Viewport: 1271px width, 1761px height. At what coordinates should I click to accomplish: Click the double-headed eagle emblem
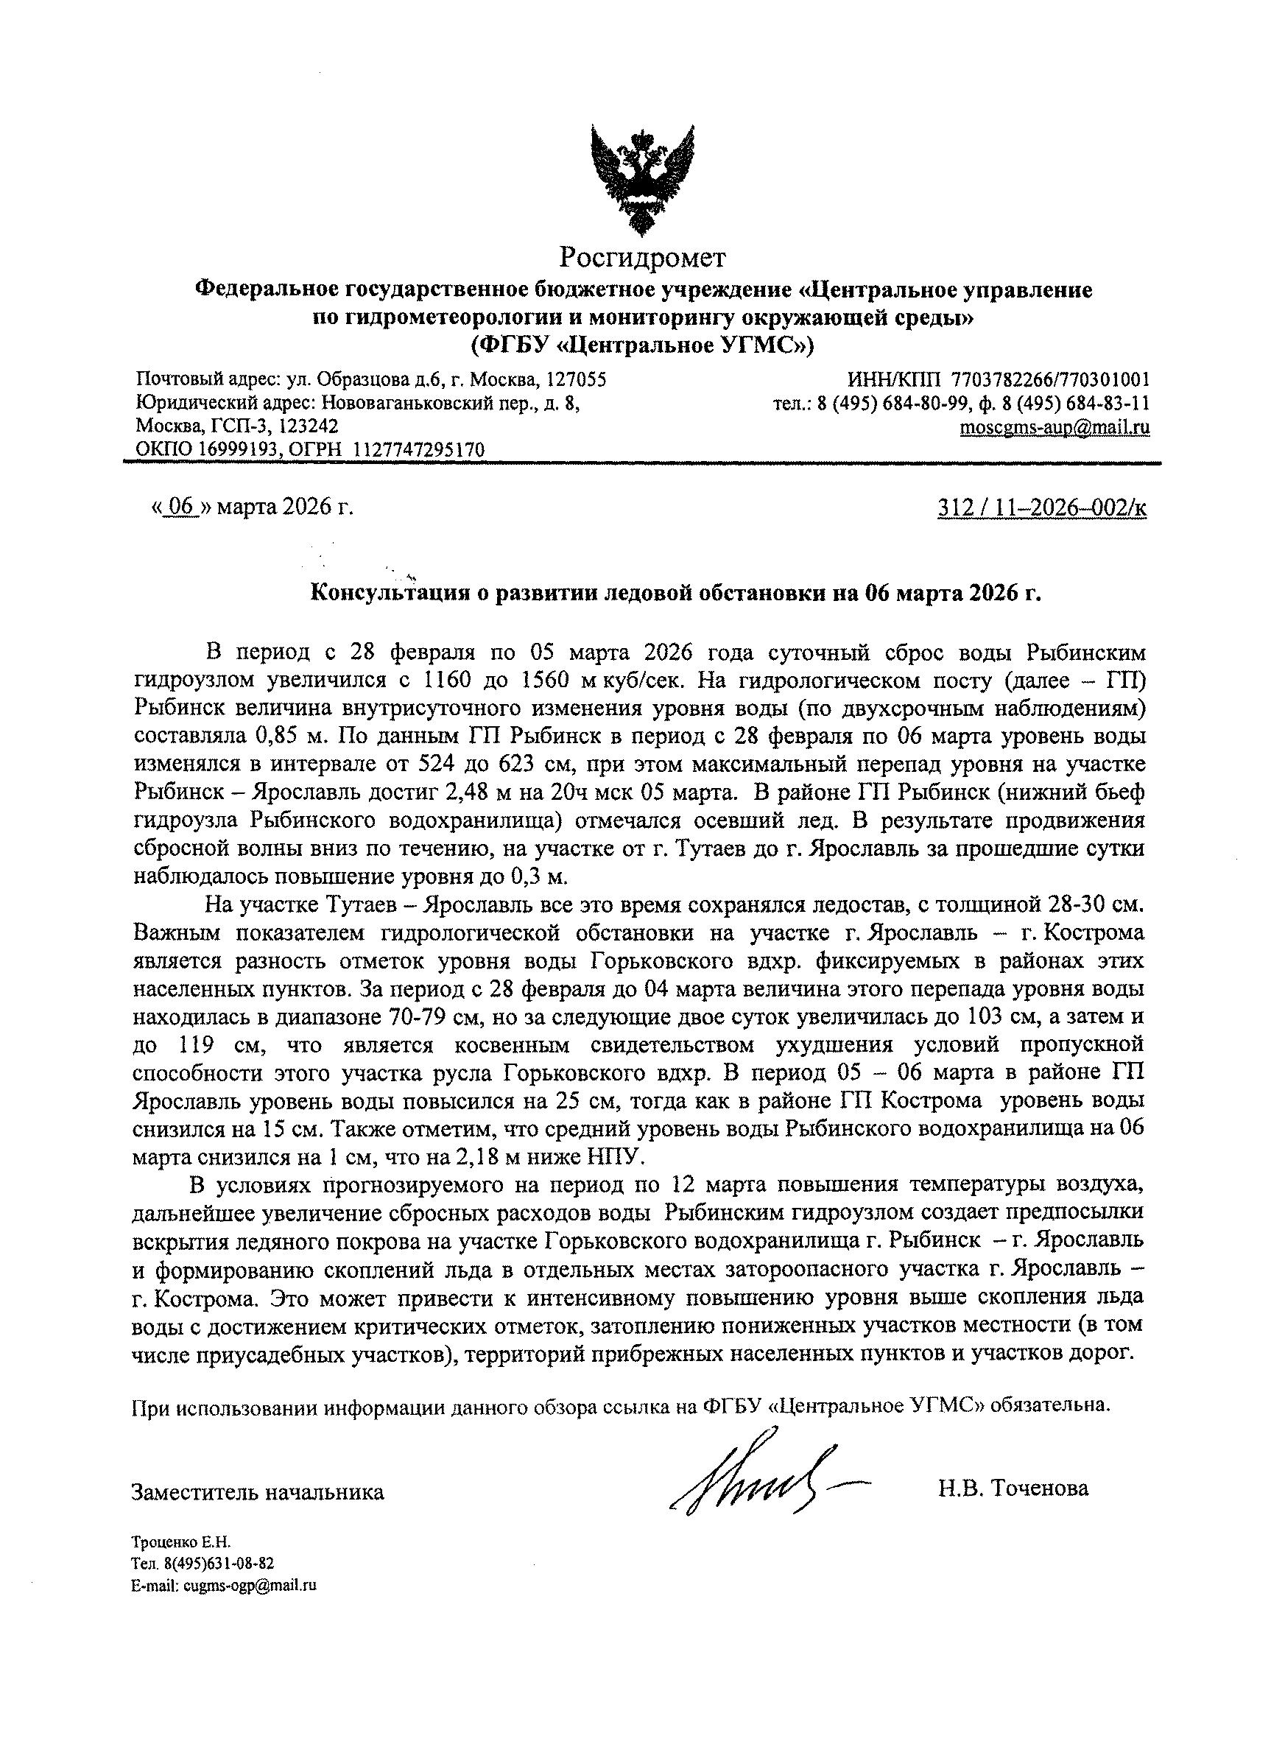pyautogui.click(x=641, y=180)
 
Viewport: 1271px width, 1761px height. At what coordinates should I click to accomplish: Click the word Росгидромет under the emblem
pyautogui.click(x=644, y=256)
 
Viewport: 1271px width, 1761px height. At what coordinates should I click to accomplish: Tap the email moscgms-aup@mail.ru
pyautogui.click(x=1055, y=427)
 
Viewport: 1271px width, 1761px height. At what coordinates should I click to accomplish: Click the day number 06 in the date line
pyautogui.click(x=181, y=507)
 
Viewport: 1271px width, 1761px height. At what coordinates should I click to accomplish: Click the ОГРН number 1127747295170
pyautogui.click(x=419, y=449)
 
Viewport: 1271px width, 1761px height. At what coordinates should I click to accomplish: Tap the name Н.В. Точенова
pyautogui.click(x=1013, y=1488)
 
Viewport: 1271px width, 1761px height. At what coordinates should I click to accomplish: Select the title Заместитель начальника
pyautogui.click(x=258, y=1491)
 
